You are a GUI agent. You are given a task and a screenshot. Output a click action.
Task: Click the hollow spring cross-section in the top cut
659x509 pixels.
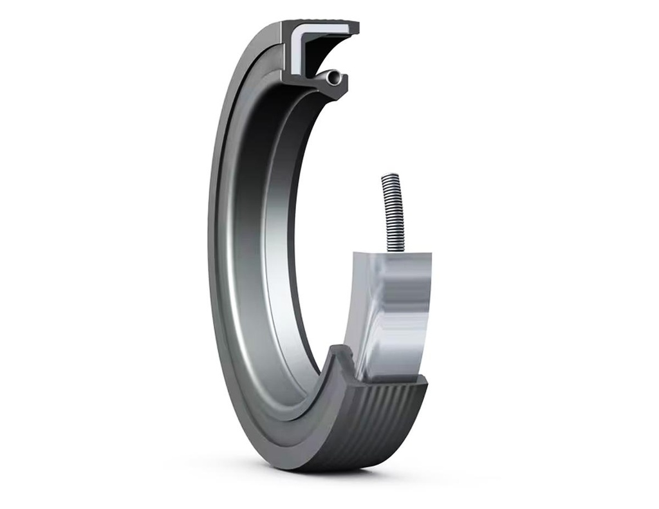(x=332, y=78)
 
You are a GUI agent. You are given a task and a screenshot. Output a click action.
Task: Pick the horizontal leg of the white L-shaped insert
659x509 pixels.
(x=325, y=30)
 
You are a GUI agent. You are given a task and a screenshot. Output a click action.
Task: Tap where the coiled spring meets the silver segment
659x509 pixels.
(x=392, y=250)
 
